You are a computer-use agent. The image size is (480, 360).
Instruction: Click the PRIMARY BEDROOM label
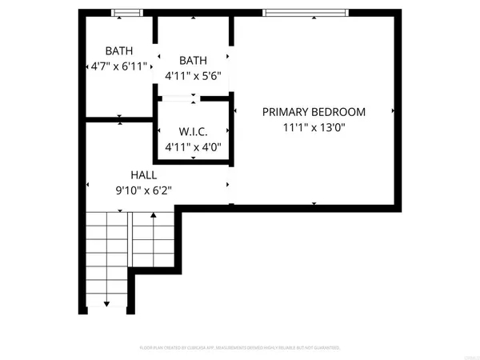(314, 112)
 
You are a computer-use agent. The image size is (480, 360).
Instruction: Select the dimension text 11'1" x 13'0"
(314, 126)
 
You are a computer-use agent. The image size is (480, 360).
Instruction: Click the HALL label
(144, 174)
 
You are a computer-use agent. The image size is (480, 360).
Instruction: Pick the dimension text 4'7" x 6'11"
(119, 67)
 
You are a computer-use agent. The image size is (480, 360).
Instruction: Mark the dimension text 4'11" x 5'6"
(192, 75)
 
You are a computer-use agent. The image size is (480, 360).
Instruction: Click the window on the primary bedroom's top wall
(305, 12)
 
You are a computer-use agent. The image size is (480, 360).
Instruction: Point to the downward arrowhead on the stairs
(107, 304)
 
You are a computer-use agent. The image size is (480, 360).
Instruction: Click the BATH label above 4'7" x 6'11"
(119, 52)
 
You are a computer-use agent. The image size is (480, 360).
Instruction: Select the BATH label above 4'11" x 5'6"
(192, 60)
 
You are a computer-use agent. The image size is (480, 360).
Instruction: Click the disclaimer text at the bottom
(240, 348)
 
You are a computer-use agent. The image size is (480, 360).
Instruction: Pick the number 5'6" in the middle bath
(210, 75)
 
